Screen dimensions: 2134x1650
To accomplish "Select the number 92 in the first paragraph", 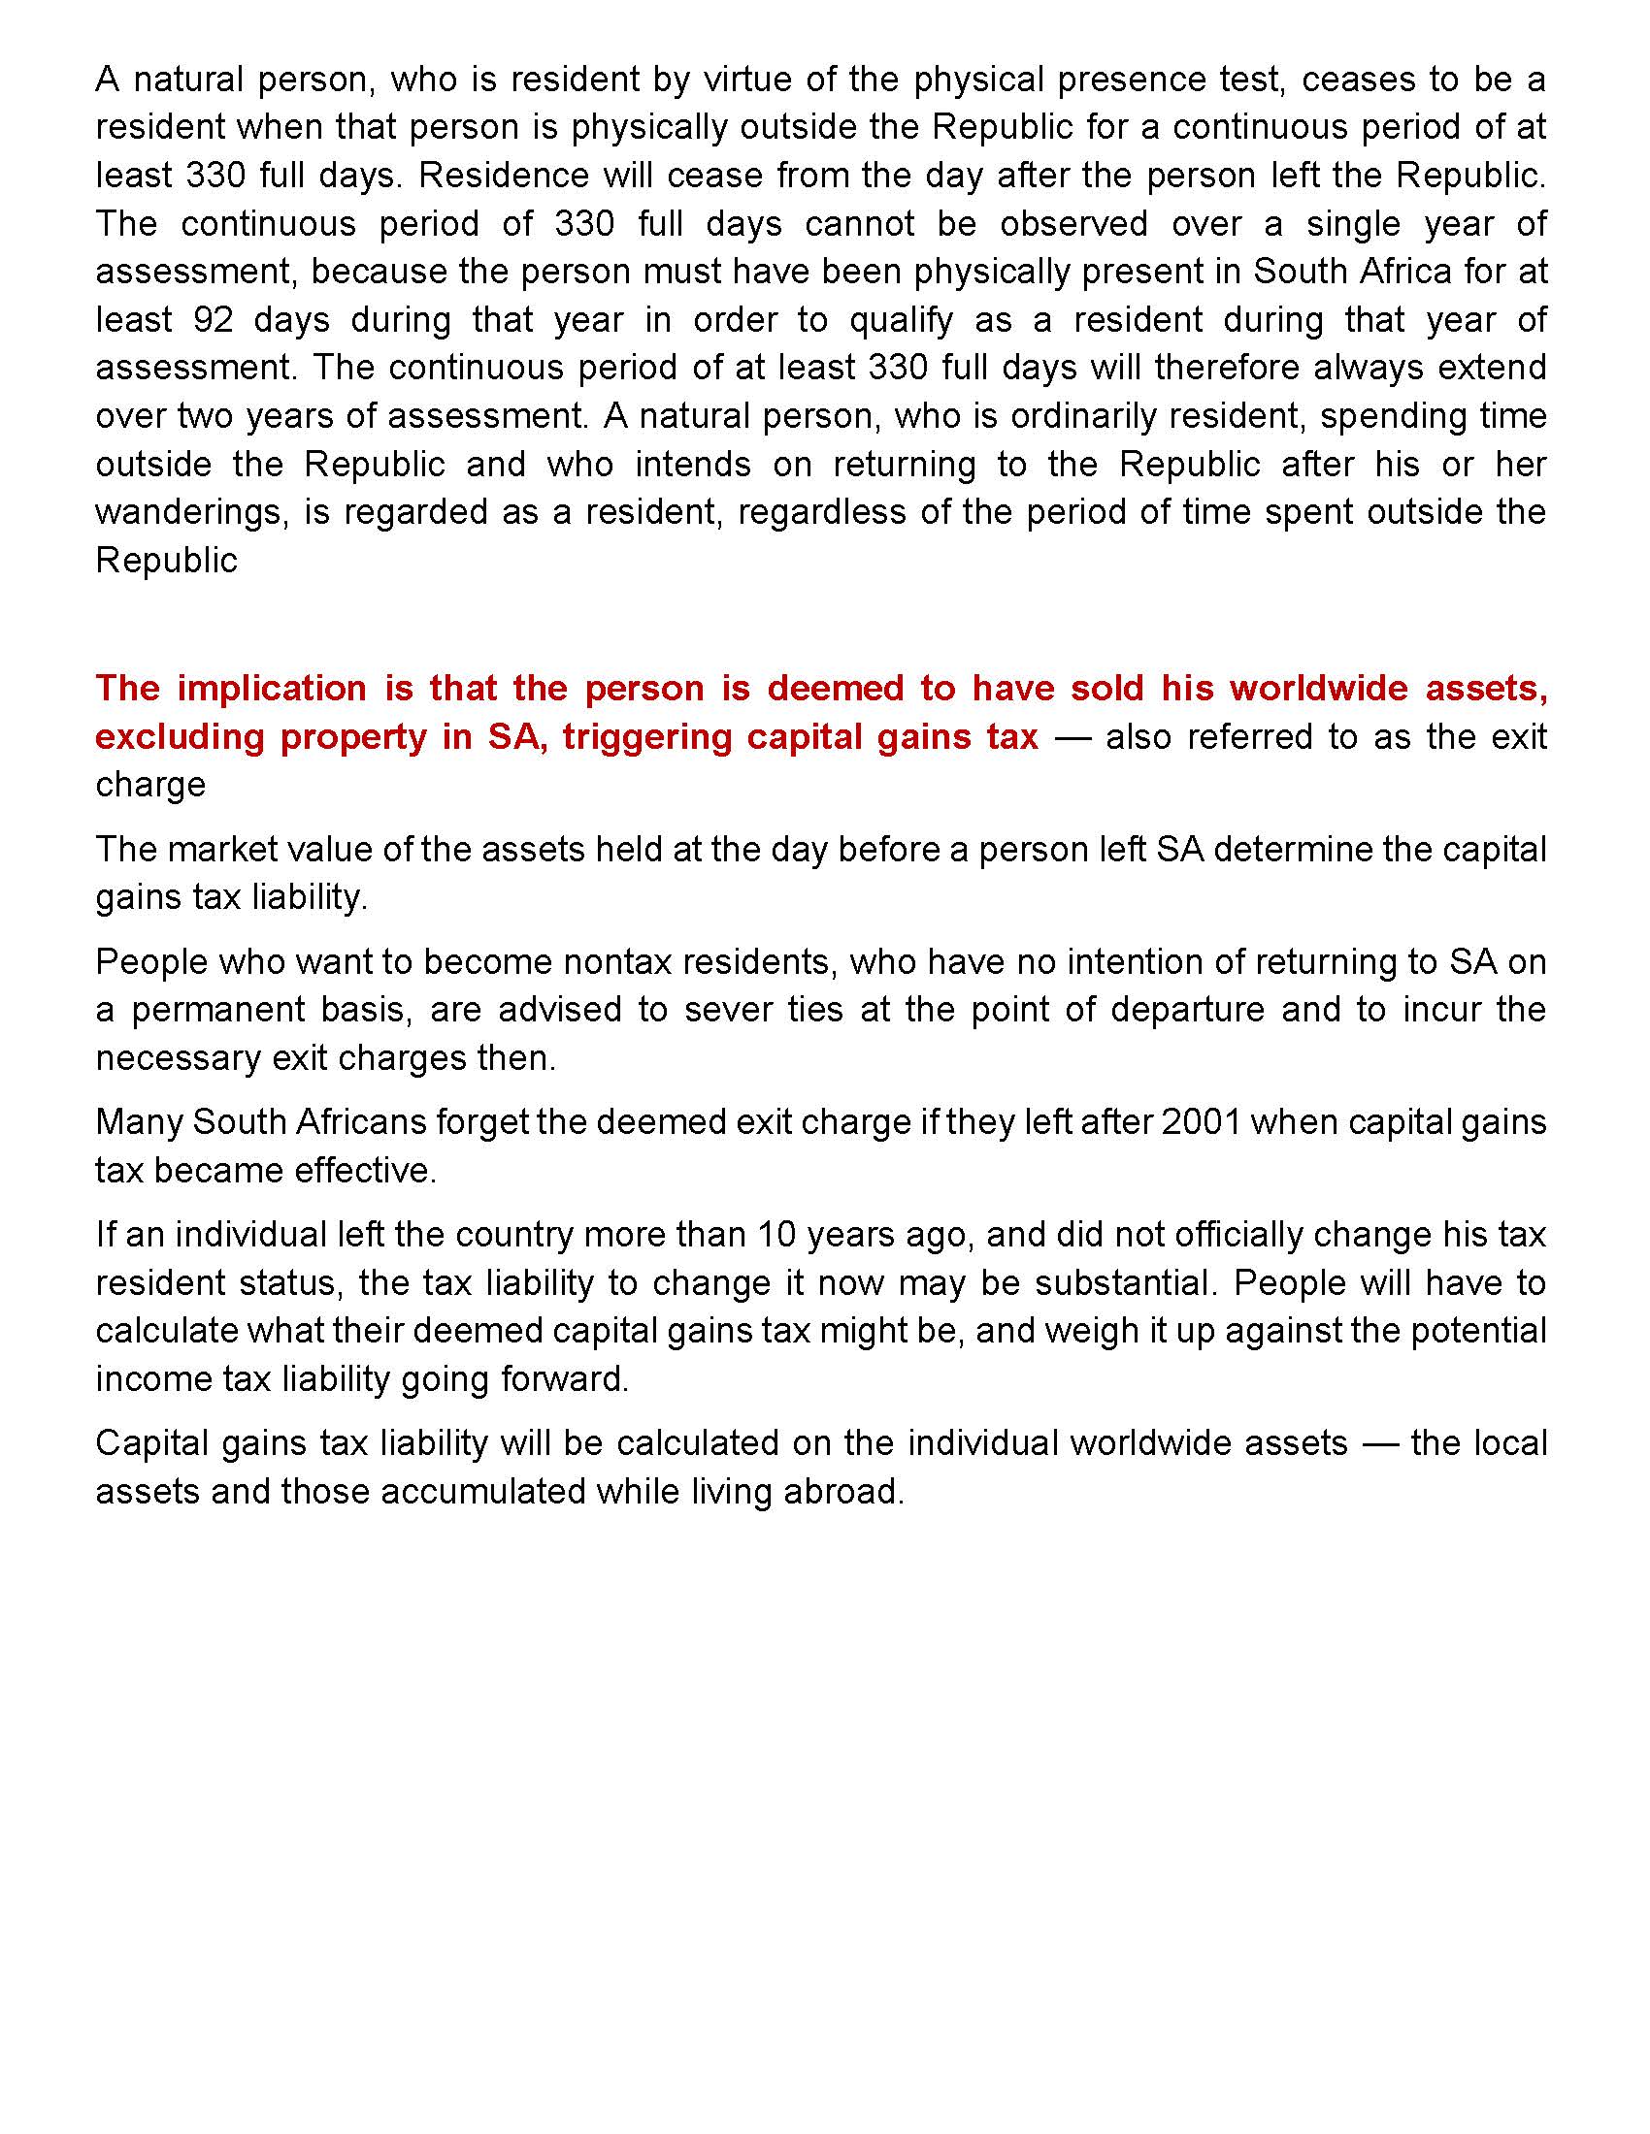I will tap(210, 319).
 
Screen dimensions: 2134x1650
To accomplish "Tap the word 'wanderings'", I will tap(192, 512).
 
